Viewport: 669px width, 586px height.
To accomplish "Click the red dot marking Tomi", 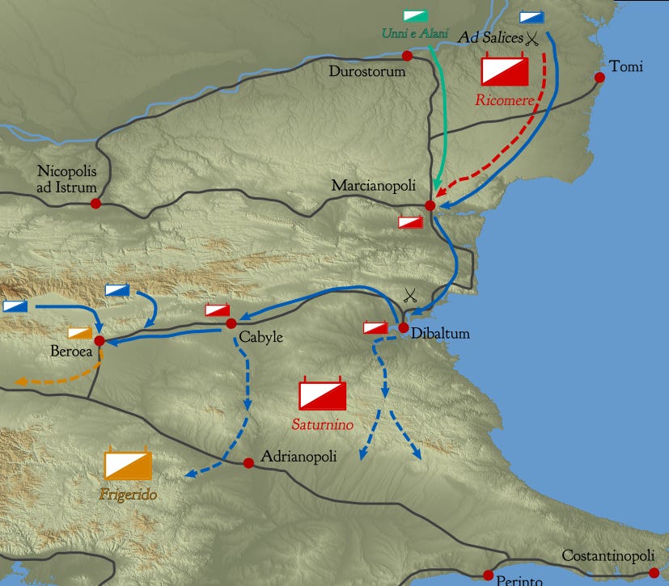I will point(599,78).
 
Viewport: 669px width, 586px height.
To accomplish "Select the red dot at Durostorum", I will point(407,56).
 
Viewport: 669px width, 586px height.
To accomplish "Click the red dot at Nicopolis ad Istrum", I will point(95,204).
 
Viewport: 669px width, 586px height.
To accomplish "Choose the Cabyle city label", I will point(260,337).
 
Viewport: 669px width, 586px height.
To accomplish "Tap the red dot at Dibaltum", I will point(404,327).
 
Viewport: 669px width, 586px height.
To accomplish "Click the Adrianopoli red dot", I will point(248,463).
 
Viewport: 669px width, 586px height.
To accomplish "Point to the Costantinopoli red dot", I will point(654,572).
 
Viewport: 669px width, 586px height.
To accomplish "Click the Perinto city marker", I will point(488,575).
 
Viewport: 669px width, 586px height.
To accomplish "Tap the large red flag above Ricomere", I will point(504,70).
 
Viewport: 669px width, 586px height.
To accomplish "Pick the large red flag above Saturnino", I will point(322,394).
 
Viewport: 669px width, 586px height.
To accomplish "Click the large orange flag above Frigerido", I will point(128,466).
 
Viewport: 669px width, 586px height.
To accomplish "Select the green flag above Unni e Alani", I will point(417,16).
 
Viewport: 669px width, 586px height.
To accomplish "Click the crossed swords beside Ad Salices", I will point(531,37).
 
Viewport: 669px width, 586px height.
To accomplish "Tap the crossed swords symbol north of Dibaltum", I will point(410,296).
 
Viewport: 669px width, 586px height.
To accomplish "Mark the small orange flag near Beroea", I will point(80,332).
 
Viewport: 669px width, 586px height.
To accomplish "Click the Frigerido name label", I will point(128,494).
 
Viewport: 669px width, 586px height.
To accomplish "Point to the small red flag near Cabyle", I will point(217,310).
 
